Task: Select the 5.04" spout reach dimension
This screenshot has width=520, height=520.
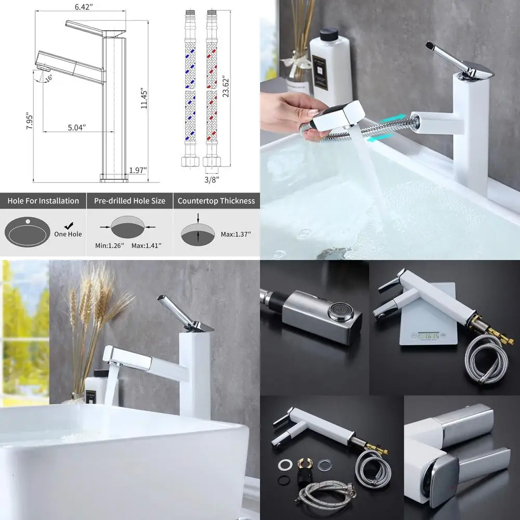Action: pos(76,127)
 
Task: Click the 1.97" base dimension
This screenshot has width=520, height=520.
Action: pos(138,170)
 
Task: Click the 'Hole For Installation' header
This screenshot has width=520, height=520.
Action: pos(43,201)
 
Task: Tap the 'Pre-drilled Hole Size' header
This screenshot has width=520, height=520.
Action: pos(129,201)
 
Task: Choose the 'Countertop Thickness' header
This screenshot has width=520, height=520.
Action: pos(216,201)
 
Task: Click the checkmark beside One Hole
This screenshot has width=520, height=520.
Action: pos(68,225)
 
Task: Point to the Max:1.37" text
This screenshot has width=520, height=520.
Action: pos(236,234)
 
